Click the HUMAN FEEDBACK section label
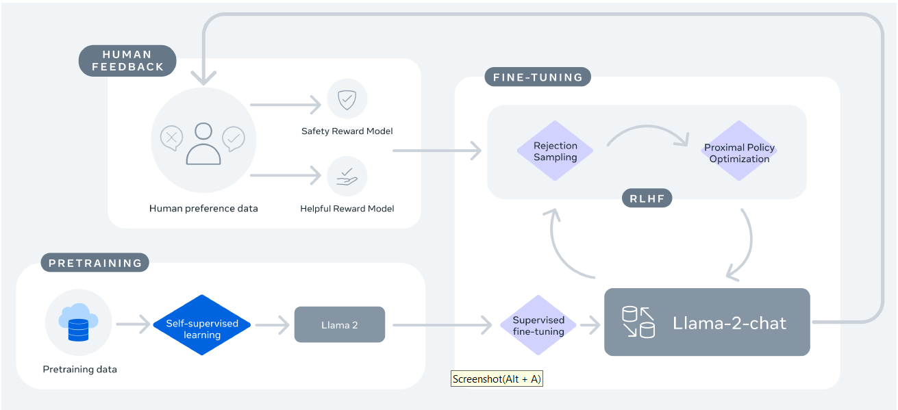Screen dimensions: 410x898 pos(127,61)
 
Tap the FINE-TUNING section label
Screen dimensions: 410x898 pos(538,77)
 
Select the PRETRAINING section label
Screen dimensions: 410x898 pos(95,262)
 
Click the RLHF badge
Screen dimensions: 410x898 pos(647,199)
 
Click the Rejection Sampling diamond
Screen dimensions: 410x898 pos(556,151)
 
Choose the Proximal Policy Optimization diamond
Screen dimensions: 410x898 pos(739,152)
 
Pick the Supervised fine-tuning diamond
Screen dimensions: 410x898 pos(538,325)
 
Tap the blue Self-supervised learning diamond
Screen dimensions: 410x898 pos(202,325)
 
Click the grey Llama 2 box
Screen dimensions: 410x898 pos(340,324)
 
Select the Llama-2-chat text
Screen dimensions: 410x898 pos(729,323)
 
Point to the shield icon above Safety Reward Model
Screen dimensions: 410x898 pos(347,100)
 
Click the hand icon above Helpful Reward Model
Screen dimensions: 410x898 pos(347,177)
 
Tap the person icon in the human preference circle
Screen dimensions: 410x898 pos(203,144)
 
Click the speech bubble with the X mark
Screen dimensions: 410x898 pos(171,138)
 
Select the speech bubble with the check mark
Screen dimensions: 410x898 pos(234,138)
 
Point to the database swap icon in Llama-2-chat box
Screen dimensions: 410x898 pos(638,322)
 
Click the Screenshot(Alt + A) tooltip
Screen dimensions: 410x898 pos(497,379)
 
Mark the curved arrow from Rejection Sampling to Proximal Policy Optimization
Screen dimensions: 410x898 pos(647,133)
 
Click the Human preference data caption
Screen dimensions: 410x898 pos(203,208)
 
